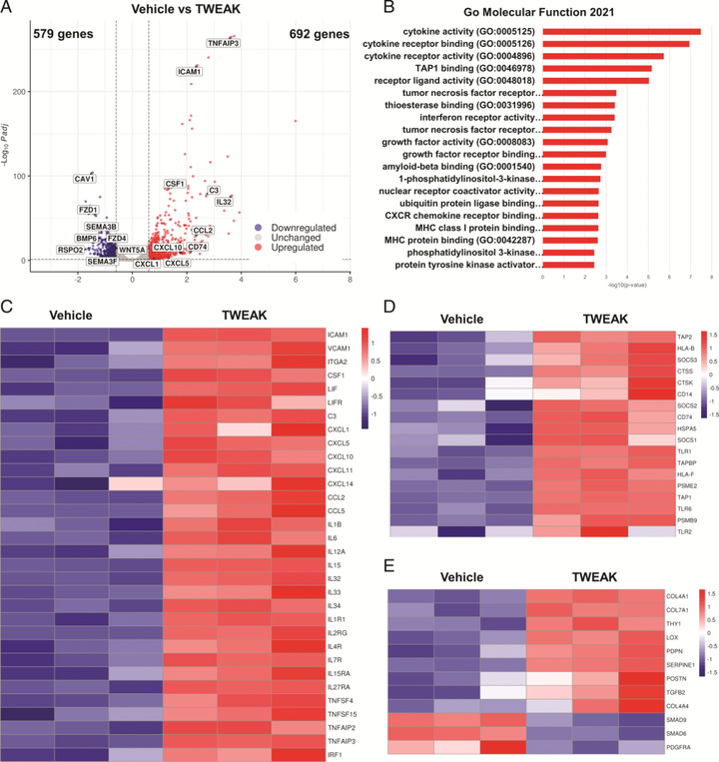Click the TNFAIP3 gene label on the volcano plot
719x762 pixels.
pyautogui.click(x=223, y=43)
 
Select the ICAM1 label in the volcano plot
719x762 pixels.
pyautogui.click(x=190, y=72)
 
